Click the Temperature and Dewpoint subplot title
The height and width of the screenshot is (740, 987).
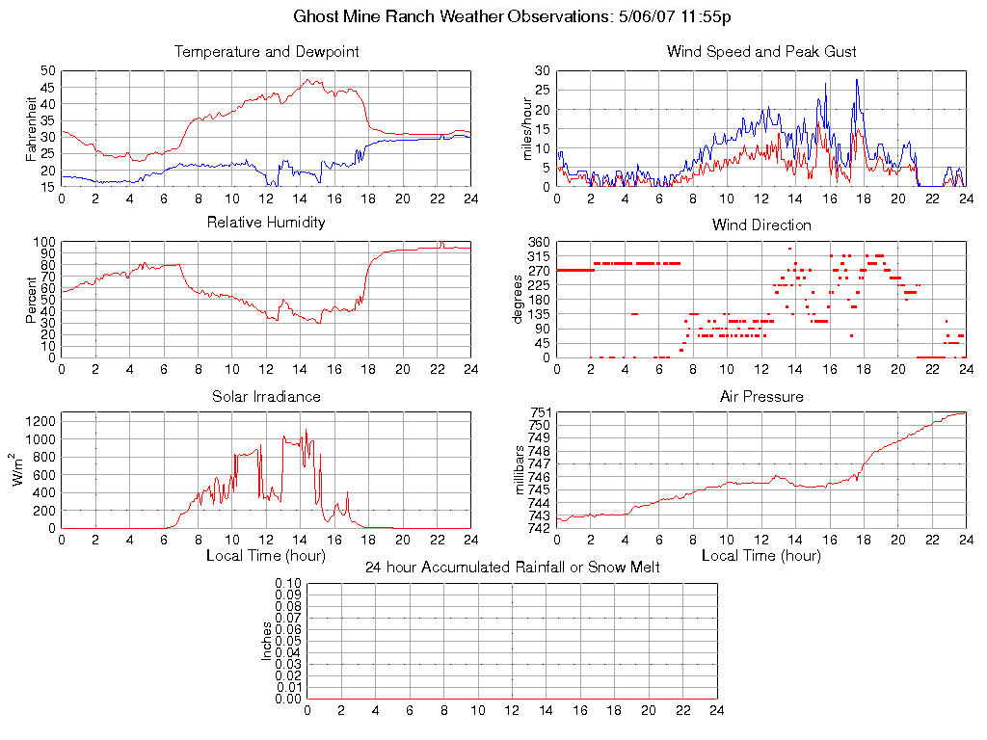coord(266,52)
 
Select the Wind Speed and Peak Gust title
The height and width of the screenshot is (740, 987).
coord(761,52)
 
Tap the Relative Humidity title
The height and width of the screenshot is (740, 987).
coord(266,223)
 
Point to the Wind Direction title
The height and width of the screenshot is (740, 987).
coord(761,225)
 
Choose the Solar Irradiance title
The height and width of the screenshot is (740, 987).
coord(266,396)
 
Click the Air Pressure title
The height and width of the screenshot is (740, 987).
coord(761,396)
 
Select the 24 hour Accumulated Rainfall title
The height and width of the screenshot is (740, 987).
coord(513,568)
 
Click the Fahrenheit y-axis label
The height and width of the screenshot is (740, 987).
coord(32,129)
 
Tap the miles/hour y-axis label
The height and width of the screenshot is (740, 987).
coord(527,129)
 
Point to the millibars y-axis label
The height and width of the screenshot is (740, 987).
coord(520,471)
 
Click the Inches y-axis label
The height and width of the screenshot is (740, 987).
coord(267,641)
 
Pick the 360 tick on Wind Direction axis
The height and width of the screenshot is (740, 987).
coord(538,242)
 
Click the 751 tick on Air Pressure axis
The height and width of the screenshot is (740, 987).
coord(539,413)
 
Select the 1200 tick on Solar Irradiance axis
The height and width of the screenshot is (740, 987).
coord(40,421)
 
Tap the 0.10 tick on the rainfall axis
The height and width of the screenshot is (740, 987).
coord(288,584)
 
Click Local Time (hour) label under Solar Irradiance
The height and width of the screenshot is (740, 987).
coord(266,556)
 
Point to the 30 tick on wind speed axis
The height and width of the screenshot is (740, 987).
coord(543,71)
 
